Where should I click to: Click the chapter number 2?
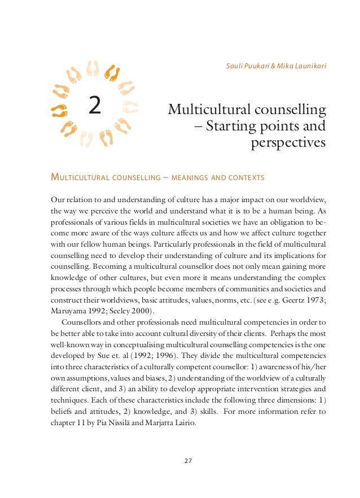(95, 106)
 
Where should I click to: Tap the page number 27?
(188, 461)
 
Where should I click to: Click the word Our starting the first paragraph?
(58, 200)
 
